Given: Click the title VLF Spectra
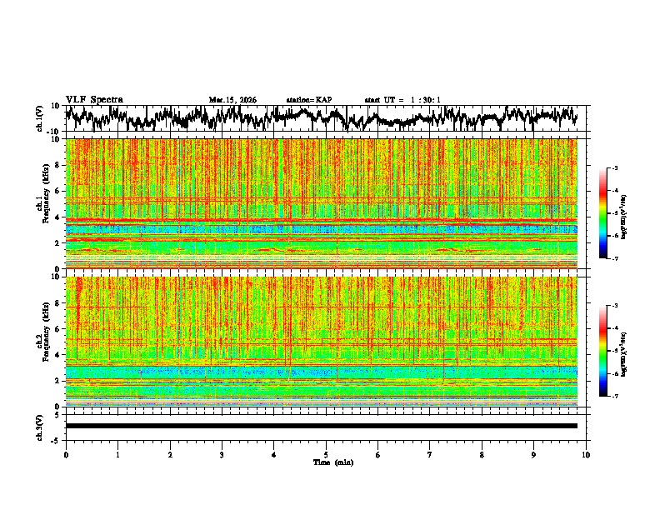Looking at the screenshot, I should (x=94, y=99).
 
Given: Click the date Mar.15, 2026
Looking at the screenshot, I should (x=232, y=100).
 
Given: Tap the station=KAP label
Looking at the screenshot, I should (x=308, y=100).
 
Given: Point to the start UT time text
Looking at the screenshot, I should (x=402, y=100).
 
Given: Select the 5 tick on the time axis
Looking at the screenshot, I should (x=326, y=454).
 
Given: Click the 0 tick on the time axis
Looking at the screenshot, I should (x=66, y=454).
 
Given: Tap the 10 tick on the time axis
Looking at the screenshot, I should (x=586, y=454).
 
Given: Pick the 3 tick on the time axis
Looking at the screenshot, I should (x=222, y=454).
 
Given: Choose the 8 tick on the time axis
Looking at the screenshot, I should (x=482, y=454).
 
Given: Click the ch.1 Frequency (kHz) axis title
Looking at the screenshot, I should (x=41, y=203).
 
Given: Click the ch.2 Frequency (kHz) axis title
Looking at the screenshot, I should (x=41, y=341).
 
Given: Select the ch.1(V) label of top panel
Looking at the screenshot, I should (x=41, y=118).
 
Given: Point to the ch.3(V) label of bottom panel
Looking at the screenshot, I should (x=41, y=426).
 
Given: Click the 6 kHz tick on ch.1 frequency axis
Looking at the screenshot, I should (x=57, y=191).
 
